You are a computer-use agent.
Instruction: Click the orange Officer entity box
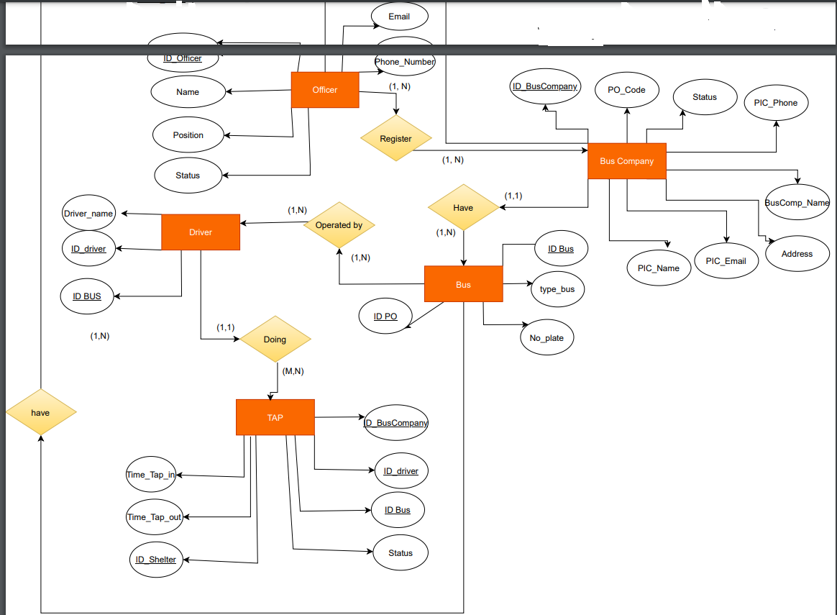pyautogui.click(x=325, y=90)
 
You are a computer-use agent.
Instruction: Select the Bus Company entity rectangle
pyautogui.click(x=627, y=161)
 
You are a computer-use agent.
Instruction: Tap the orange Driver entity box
pyautogui.click(x=201, y=232)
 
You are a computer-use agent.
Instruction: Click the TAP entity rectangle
pyautogui.click(x=275, y=417)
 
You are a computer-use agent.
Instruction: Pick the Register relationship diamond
pyautogui.click(x=396, y=139)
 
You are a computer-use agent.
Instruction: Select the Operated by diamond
pyautogui.click(x=339, y=225)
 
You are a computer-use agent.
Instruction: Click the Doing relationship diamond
pyautogui.click(x=275, y=340)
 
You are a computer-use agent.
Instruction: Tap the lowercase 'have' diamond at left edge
pyautogui.click(x=40, y=413)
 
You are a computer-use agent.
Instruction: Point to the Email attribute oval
pyautogui.click(x=399, y=17)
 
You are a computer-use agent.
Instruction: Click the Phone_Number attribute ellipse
pyautogui.click(x=404, y=62)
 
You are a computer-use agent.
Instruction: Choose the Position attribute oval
pyautogui.click(x=188, y=135)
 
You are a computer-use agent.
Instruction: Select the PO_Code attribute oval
pyautogui.click(x=626, y=90)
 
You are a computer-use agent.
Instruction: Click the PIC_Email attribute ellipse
pyautogui.click(x=726, y=261)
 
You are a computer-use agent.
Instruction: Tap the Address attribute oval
pyautogui.click(x=797, y=254)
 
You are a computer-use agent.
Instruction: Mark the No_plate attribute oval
pyautogui.click(x=546, y=338)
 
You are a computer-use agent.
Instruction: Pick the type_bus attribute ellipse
pyautogui.click(x=557, y=289)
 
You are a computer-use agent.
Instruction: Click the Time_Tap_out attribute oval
pyautogui.click(x=155, y=517)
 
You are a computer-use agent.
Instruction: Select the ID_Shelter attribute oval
pyautogui.click(x=156, y=560)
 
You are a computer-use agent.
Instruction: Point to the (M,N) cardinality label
pyautogui.click(x=293, y=372)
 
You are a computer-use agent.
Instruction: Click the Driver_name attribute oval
pyautogui.click(x=88, y=214)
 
